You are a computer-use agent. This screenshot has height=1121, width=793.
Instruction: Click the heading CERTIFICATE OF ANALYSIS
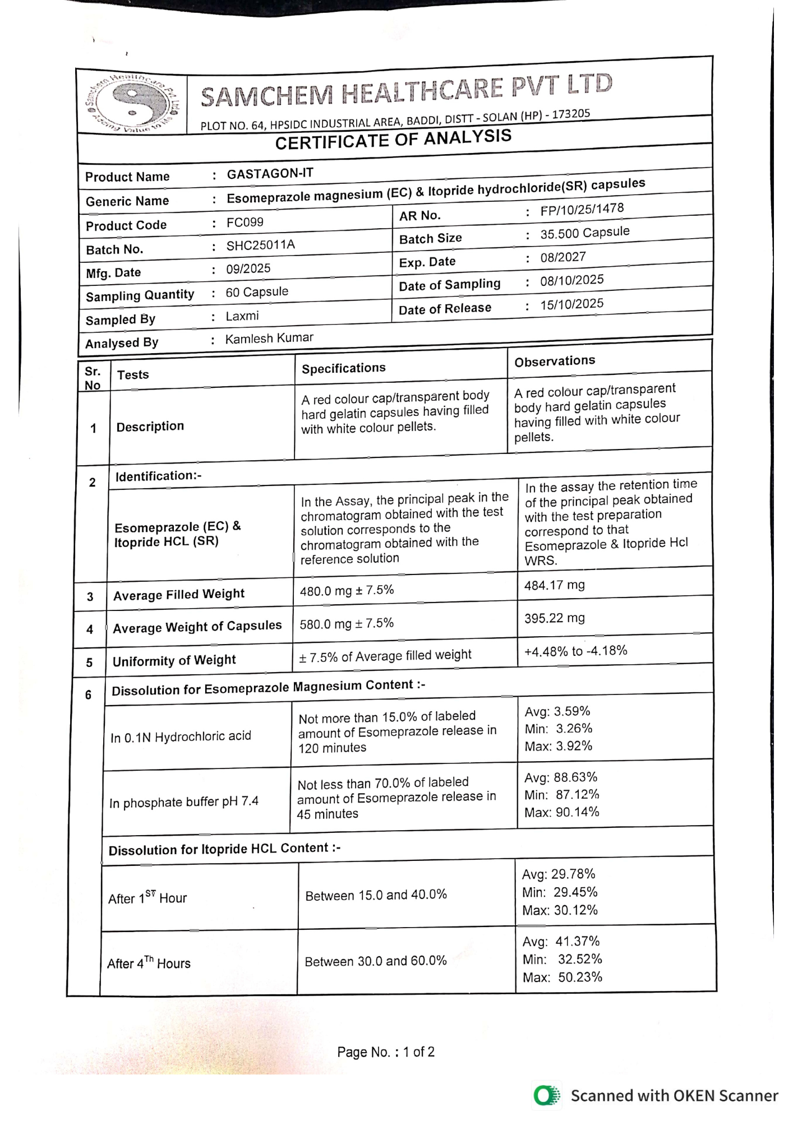pyautogui.click(x=393, y=139)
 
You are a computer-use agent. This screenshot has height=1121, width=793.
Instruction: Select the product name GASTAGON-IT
pyautogui.click(x=270, y=174)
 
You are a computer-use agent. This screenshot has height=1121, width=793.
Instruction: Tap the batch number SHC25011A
pyautogui.click(x=260, y=245)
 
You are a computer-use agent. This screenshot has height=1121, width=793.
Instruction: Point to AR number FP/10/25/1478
pyautogui.click(x=582, y=210)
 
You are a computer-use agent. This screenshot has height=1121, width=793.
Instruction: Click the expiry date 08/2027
pyautogui.click(x=563, y=257)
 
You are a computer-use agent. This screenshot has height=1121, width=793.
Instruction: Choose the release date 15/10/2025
pyautogui.click(x=571, y=304)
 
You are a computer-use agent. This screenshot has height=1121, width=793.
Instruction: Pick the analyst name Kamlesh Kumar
pyautogui.click(x=269, y=339)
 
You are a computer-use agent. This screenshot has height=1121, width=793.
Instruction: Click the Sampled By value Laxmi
pyautogui.click(x=242, y=316)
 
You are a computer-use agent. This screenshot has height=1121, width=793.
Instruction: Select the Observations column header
pyautogui.click(x=555, y=361)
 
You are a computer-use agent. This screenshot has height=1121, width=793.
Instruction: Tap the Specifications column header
pyautogui.click(x=344, y=368)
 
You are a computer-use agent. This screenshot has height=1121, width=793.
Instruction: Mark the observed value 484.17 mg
pyautogui.click(x=554, y=586)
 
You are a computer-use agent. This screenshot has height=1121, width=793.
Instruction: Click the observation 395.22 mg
pyautogui.click(x=554, y=618)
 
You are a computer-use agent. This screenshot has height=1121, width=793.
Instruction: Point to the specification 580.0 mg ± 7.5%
pyautogui.click(x=347, y=623)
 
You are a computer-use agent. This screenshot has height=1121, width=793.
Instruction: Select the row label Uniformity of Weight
pyautogui.click(x=174, y=660)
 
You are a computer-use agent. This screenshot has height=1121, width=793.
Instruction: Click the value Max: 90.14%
pyautogui.click(x=561, y=812)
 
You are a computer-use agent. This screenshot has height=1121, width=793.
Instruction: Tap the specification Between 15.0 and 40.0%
pyautogui.click(x=376, y=895)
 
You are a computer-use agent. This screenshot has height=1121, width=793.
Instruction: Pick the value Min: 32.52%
pyautogui.click(x=562, y=959)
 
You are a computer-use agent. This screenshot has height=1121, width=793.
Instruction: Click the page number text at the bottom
pyautogui.click(x=386, y=1052)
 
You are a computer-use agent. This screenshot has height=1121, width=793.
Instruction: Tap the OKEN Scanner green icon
pyautogui.click(x=546, y=1095)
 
